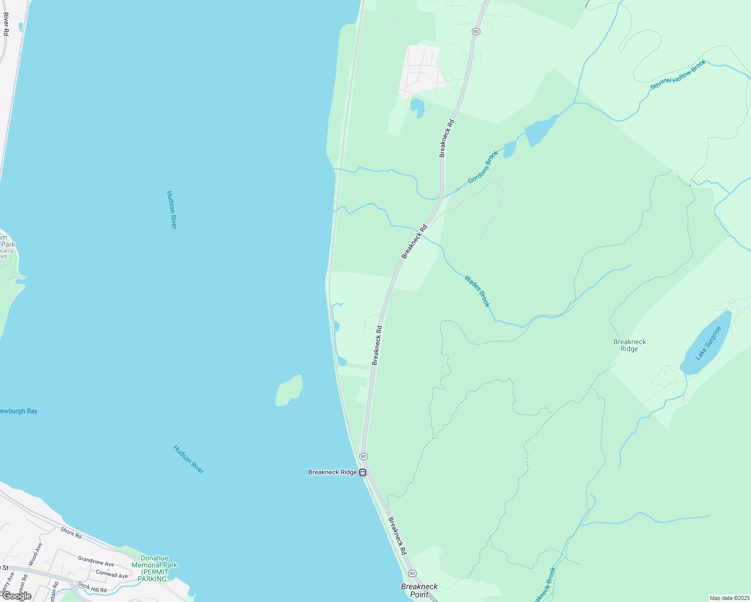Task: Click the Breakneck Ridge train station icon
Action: pos(362,472)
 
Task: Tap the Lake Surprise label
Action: pos(708,343)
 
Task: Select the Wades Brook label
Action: pos(477,291)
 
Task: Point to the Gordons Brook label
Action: pos(483,167)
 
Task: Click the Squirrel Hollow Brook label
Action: pos(678,75)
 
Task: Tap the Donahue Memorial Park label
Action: pos(155,568)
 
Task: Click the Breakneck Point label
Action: pos(419,590)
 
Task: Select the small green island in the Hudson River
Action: pos(289,391)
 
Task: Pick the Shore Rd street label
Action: pos(71,533)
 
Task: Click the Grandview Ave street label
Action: pos(96,561)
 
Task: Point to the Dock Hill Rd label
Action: pos(92,587)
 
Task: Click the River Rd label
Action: pos(6,24)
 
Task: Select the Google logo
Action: pos(17,596)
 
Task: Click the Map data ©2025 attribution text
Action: pos(729,598)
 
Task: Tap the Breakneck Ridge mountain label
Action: pos(630,345)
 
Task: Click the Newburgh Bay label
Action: pos(19,411)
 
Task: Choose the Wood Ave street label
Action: pos(36,553)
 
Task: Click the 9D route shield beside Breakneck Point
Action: pos(412,573)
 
